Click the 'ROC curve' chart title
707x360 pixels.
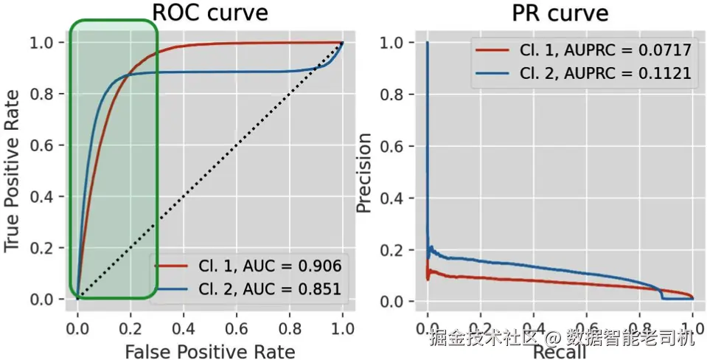tap(209, 13)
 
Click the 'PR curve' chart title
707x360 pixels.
tap(560, 13)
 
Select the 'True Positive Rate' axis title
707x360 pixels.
tap(13, 170)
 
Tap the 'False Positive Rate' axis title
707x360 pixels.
tap(209, 350)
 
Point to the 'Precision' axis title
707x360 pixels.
tap(363, 172)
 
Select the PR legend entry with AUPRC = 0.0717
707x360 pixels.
tap(605, 50)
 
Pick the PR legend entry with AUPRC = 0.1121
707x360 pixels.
tap(605, 73)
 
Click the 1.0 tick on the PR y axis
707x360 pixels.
tap(392, 43)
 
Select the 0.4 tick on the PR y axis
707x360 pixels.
tap(392, 198)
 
